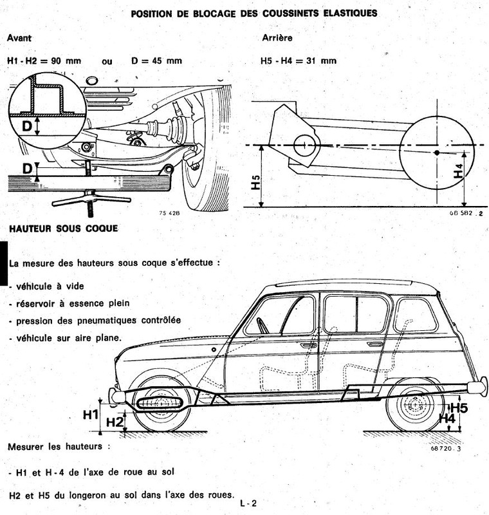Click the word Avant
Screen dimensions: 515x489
(19, 38)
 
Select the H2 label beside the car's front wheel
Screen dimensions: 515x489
(114, 422)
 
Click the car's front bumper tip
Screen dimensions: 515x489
(113, 395)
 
